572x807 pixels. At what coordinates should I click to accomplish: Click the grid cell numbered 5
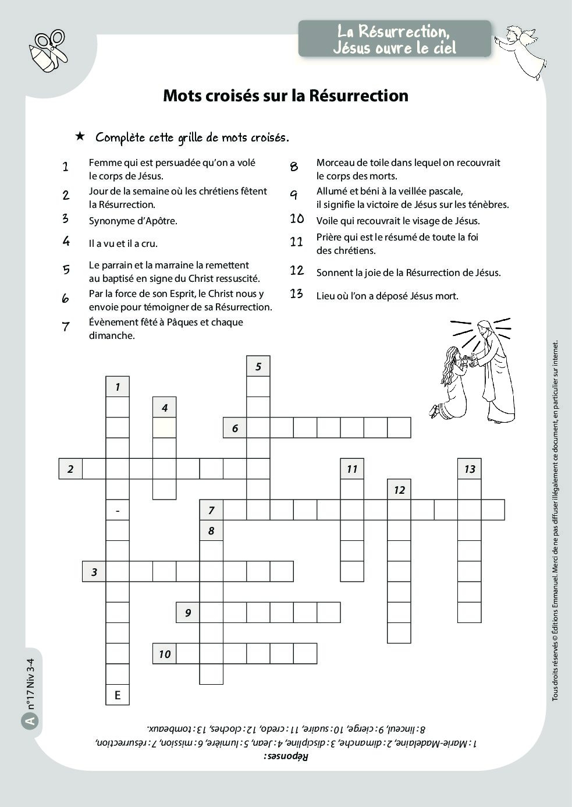[x=258, y=367]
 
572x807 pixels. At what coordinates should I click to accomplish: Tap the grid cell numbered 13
[x=470, y=469]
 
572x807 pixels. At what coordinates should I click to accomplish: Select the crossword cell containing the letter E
[x=118, y=695]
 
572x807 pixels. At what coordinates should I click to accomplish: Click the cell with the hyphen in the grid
[x=118, y=511]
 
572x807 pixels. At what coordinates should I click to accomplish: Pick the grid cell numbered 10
[x=165, y=654]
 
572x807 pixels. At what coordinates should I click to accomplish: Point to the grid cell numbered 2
[x=70, y=469]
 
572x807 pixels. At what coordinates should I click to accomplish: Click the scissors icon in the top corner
[x=49, y=50]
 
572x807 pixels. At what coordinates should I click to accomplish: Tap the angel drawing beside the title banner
[x=520, y=50]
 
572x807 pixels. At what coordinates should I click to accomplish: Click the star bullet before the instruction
[x=80, y=136]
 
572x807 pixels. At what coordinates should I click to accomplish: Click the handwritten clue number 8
[x=294, y=167]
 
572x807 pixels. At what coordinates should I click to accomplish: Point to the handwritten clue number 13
[x=297, y=294]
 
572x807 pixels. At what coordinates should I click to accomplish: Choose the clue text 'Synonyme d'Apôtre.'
[x=133, y=221]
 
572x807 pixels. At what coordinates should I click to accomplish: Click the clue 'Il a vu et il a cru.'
[x=123, y=244]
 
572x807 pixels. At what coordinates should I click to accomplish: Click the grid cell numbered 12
[x=399, y=490]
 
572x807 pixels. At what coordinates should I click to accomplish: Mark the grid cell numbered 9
[x=188, y=613]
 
